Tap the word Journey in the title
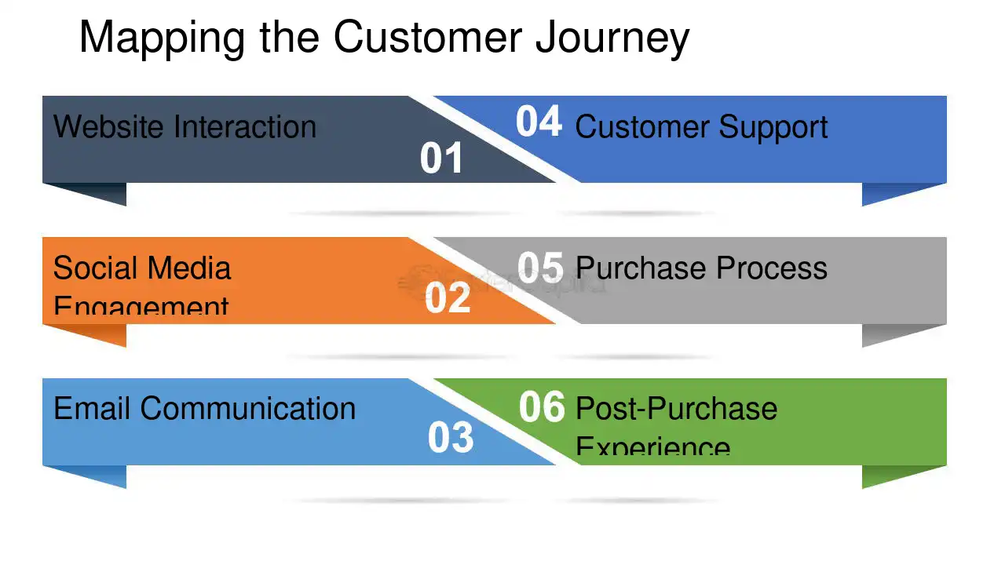tap(612, 37)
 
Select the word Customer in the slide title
tap(429, 37)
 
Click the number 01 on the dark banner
tap(441, 159)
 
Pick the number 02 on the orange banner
tap(448, 298)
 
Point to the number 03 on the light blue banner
tap(451, 438)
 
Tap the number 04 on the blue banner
tap(539, 122)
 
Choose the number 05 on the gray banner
tap(541, 268)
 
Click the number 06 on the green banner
tap(542, 407)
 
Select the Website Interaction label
tap(185, 126)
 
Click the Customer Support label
tap(701, 127)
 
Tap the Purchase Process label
tap(701, 268)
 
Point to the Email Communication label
tap(204, 409)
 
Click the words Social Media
tap(142, 268)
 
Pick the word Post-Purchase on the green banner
tap(676, 409)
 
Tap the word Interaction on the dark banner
tap(245, 126)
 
